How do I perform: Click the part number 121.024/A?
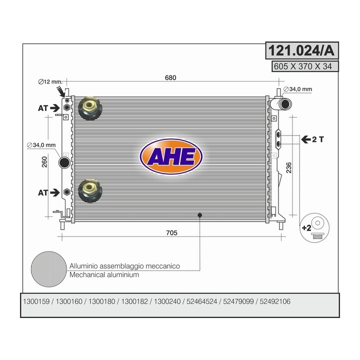click(301, 50)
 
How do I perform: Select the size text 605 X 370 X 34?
click(303, 66)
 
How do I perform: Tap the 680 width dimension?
click(170, 77)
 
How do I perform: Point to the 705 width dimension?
click(171, 233)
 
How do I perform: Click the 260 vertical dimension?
click(44, 162)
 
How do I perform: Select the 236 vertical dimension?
click(289, 167)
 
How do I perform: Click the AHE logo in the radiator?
click(171, 156)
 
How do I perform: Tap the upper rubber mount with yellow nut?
click(90, 108)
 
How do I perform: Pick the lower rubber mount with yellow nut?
click(90, 191)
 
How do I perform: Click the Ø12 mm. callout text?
click(50, 81)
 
